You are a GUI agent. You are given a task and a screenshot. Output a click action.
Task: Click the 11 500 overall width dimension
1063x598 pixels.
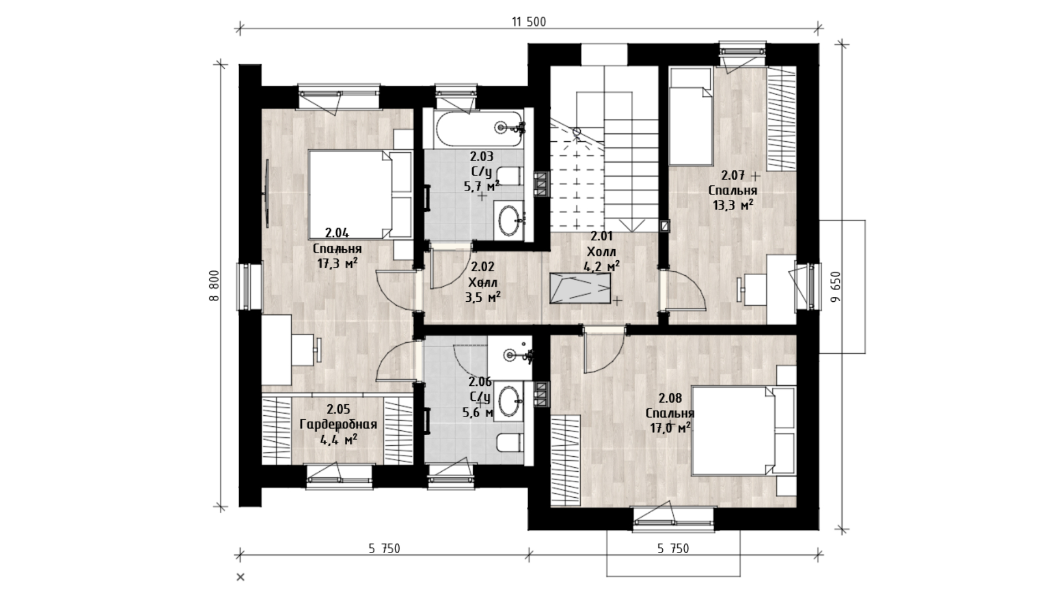pos(529,22)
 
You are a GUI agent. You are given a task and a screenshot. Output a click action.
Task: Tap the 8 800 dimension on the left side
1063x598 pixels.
pos(215,286)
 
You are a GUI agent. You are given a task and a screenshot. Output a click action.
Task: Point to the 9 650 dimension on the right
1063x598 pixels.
pos(836,286)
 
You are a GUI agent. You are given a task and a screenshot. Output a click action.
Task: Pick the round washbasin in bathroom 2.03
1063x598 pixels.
pos(510,222)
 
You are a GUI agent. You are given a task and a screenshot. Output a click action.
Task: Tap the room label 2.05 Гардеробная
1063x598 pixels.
pos(338,425)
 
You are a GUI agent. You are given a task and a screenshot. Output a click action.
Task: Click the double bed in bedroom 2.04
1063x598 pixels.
pos(360,194)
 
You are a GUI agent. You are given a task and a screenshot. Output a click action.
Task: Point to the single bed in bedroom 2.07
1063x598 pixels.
pos(690,116)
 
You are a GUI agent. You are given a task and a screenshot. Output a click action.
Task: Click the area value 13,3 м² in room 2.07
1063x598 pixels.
pos(733,205)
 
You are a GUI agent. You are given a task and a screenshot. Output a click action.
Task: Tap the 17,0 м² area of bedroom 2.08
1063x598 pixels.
pos(670,427)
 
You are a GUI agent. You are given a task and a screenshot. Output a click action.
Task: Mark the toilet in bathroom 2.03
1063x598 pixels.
pos(509,176)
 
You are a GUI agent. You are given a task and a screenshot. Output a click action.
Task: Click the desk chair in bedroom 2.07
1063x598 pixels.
pos(750,289)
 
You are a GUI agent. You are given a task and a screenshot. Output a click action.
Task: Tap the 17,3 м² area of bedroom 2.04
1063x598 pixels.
pos(337,263)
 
